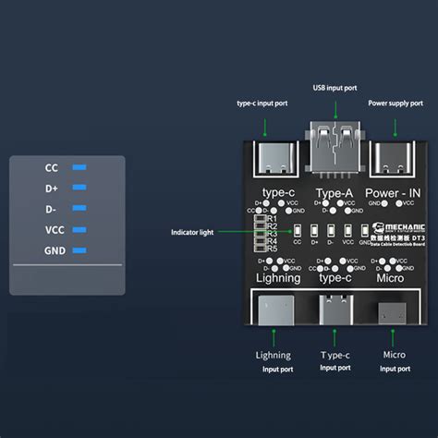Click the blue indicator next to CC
coord(79,168)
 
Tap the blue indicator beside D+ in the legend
coord(79,189)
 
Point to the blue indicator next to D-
coord(79,209)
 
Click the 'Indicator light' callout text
coord(192,233)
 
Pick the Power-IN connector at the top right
coord(393,159)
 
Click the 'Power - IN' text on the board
coord(394,193)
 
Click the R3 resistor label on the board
coord(271,234)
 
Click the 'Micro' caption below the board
coord(394,355)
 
